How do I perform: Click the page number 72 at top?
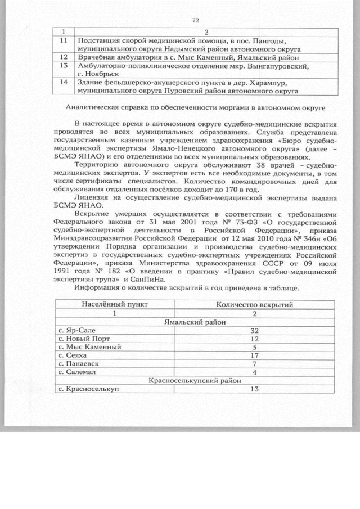pyautogui.click(x=196, y=20)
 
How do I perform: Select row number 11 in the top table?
pyautogui.click(x=64, y=41)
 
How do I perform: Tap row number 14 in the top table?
pyautogui.click(x=64, y=82)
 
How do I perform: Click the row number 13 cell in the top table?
pyautogui.click(x=64, y=66)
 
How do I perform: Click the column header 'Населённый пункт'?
pyautogui.click(x=115, y=304)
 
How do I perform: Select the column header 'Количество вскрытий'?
pyautogui.click(x=254, y=304)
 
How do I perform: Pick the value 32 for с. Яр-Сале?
pyautogui.click(x=254, y=331)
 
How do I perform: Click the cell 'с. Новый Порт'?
pyautogui.click(x=84, y=339)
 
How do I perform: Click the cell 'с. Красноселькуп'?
pyautogui.click(x=89, y=389)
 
